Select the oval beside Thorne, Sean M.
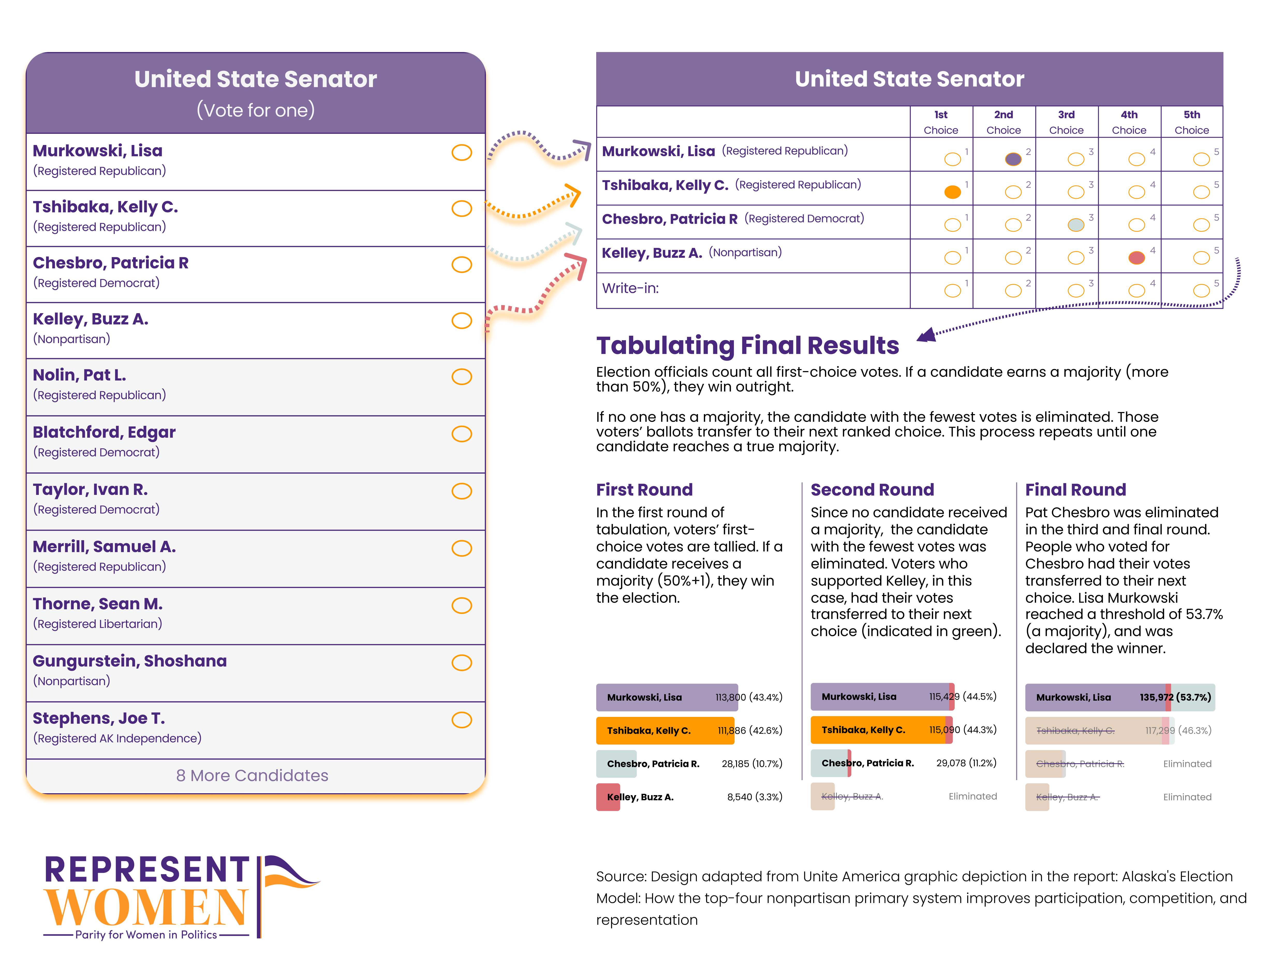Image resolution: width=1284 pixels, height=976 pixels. pos(462,605)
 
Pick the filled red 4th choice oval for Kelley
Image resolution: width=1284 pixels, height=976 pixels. pos(1137,257)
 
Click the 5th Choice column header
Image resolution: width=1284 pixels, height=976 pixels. pos(1192,122)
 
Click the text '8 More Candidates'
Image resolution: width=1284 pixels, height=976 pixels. pos(252,776)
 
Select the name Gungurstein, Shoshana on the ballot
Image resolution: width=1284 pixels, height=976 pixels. pos(129,661)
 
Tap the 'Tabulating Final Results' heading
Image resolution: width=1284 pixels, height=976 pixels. pos(747,346)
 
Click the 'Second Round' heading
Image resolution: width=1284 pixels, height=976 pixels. pos(872,490)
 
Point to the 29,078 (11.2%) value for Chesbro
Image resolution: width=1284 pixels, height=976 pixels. pos(966,763)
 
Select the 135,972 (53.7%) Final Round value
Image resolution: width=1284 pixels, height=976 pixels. pos(1175,697)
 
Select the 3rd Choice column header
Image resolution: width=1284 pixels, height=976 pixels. pos(1066,122)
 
